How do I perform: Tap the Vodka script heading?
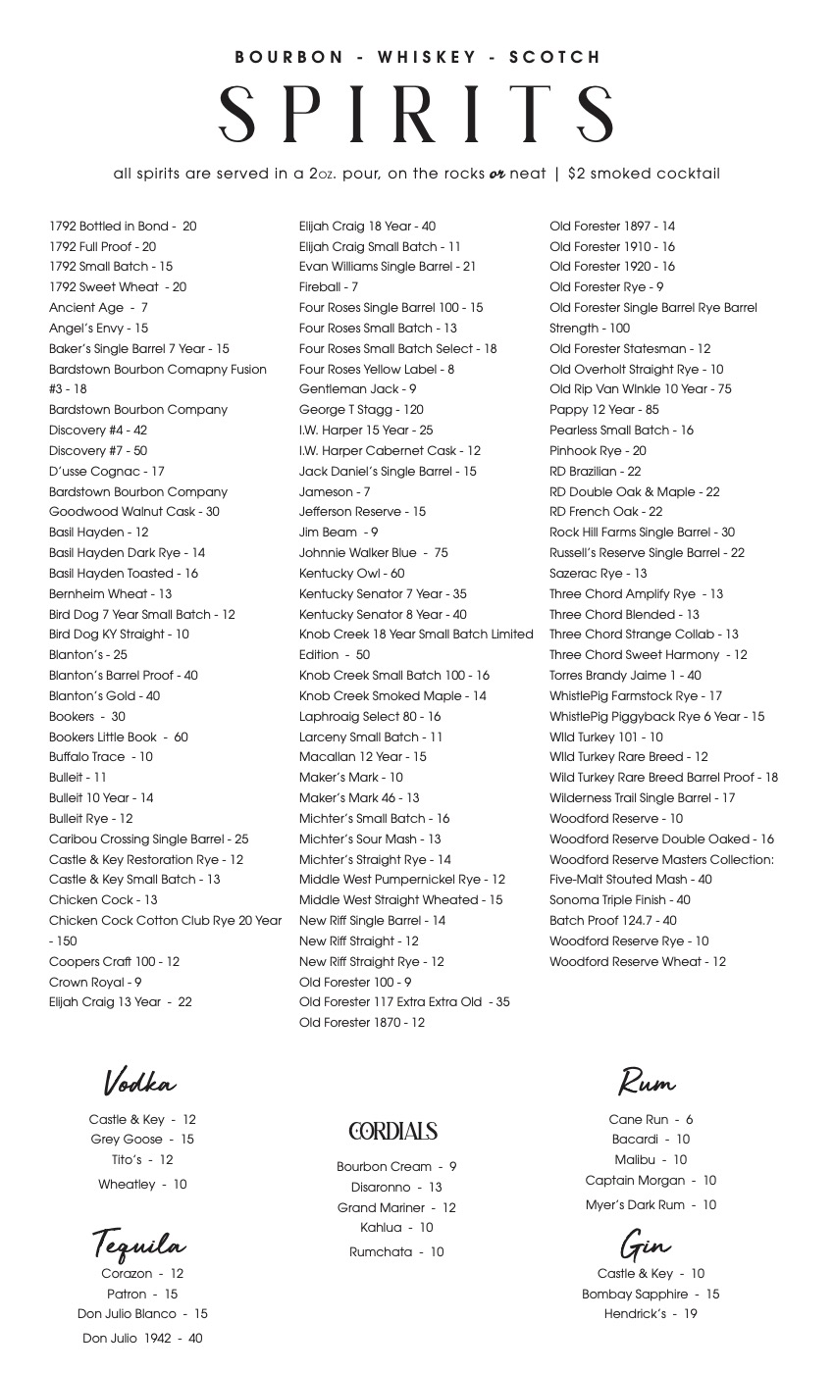(x=139, y=1082)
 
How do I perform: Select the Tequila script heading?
(x=138, y=1245)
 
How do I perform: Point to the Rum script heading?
(x=647, y=1082)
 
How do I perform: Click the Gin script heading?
(x=645, y=1246)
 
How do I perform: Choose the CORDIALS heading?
(x=392, y=1132)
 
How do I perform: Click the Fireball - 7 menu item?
(x=328, y=287)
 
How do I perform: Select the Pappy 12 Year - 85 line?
(x=603, y=410)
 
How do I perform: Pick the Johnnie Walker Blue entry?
(x=373, y=553)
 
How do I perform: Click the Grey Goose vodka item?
(x=142, y=1140)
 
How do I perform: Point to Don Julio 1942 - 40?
(x=142, y=1338)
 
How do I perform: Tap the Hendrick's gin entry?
(x=651, y=1314)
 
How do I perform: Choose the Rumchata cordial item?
(x=396, y=1252)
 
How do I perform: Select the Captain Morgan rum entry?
(x=651, y=1181)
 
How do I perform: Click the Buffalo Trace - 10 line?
(x=101, y=757)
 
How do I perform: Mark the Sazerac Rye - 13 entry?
(x=598, y=574)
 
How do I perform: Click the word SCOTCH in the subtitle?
(x=554, y=57)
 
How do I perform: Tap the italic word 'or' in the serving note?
(x=497, y=175)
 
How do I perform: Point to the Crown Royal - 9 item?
(x=95, y=983)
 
